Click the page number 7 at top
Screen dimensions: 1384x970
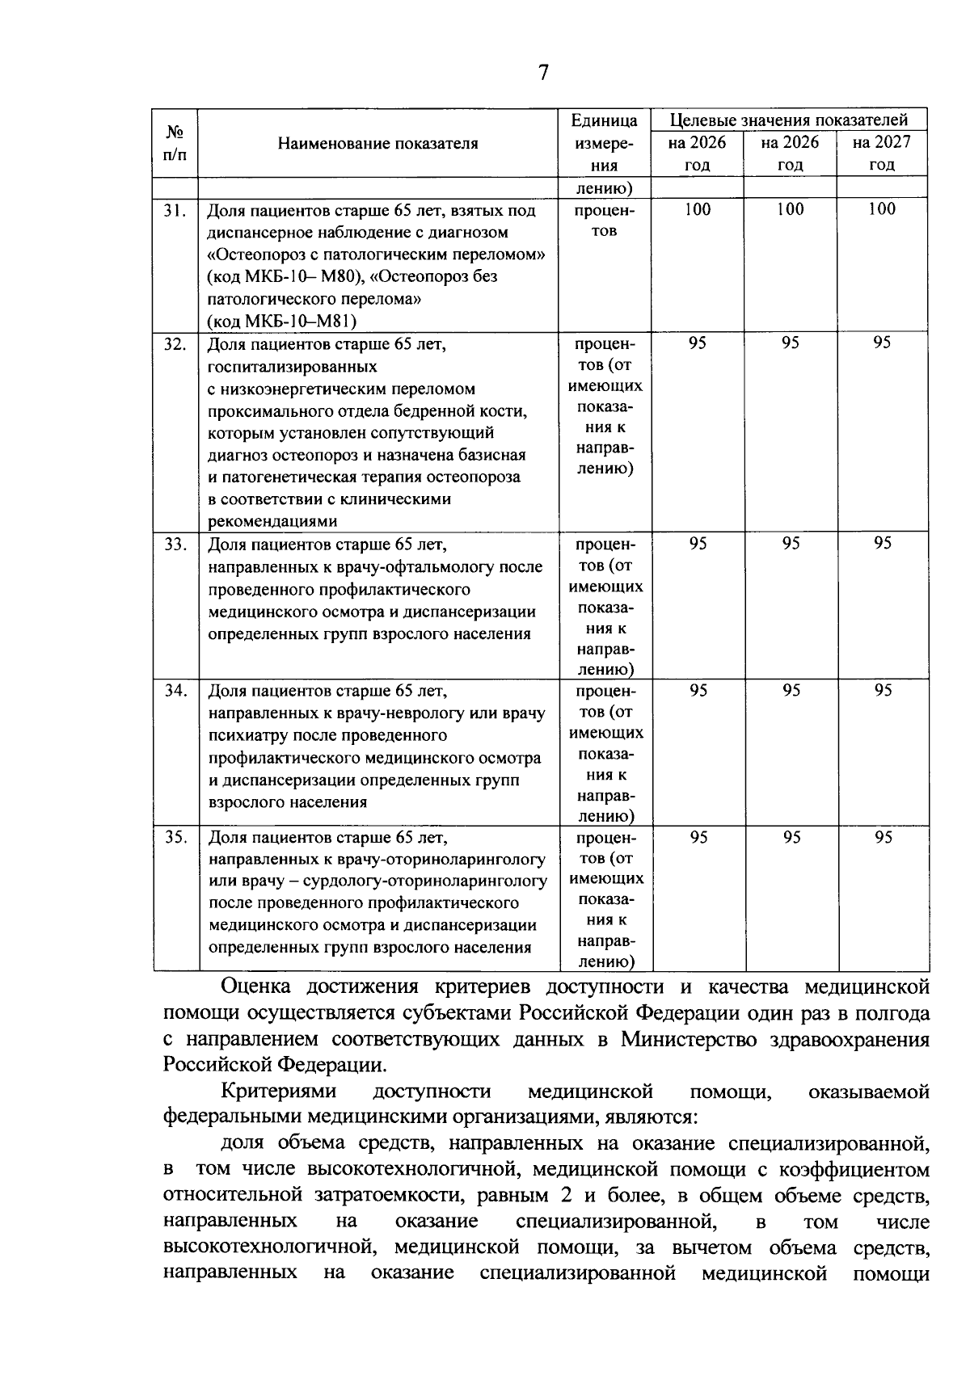click(x=543, y=74)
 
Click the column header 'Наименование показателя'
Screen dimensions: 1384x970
click(x=377, y=144)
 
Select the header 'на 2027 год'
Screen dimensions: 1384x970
click(x=882, y=154)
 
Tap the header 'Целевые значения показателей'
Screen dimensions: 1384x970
click(x=790, y=120)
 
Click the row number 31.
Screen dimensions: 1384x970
click(x=175, y=211)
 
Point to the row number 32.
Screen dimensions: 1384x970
click(x=175, y=344)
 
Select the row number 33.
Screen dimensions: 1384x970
click(x=175, y=545)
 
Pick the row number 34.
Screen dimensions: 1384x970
click(x=175, y=691)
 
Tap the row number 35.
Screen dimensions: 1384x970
click(x=175, y=838)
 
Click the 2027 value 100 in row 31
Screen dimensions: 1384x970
click(x=882, y=209)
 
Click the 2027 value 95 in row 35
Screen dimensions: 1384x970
click(x=883, y=838)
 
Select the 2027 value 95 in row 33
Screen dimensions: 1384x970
click(x=883, y=544)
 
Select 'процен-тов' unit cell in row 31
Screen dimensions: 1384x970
click(x=605, y=221)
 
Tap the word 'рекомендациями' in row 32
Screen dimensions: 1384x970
click(x=272, y=522)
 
